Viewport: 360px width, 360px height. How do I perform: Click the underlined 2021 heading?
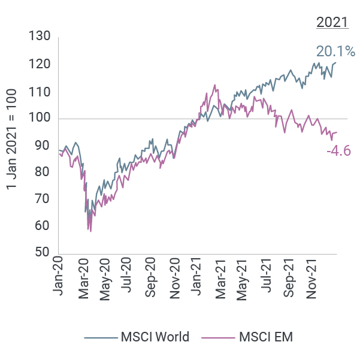click(332, 23)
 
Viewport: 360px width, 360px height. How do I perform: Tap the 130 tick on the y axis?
click(39, 37)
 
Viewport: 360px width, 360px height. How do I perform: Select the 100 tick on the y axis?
click(39, 119)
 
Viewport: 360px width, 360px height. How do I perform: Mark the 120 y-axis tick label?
click(39, 64)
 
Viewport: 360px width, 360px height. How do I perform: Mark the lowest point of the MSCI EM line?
click(90, 231)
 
